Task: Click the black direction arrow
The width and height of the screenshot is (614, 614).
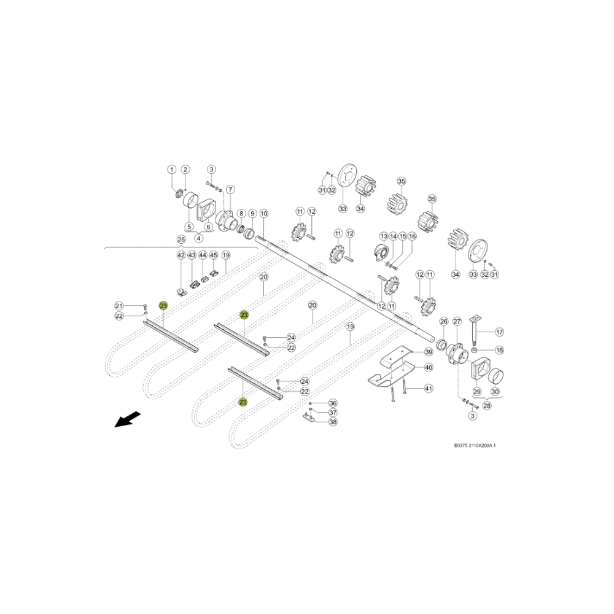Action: pos(128,419)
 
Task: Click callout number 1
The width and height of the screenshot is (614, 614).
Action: pos(171,169)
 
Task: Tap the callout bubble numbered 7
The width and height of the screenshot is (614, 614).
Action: pos(230,190)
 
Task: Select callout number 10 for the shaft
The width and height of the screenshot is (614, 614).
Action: pos(264,214)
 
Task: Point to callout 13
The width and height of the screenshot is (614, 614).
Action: pos(384,236)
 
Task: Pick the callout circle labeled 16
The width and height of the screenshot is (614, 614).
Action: pos(412,236)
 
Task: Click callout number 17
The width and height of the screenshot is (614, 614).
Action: pos(500,332)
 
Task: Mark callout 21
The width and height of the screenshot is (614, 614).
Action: pos(119,306)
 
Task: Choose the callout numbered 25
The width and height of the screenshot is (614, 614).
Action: pos(181,239)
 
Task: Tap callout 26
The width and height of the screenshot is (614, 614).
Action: pos(444,322)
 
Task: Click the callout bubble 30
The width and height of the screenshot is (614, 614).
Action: pos(495,392)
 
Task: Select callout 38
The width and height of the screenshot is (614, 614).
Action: pos(333,422)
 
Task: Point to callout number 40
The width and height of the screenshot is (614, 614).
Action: pos(429,367)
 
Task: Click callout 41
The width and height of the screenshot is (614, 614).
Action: pos(429,389)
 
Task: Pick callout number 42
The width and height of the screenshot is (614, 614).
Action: pos(181,255)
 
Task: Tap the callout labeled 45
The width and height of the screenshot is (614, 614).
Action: pos(214,255)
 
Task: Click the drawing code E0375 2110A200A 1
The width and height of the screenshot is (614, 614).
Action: pos(475,445)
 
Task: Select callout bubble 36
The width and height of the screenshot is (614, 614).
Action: pos(333,403)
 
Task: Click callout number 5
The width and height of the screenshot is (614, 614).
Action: pos(189,227)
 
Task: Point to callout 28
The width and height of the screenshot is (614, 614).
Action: pos(487,406)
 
